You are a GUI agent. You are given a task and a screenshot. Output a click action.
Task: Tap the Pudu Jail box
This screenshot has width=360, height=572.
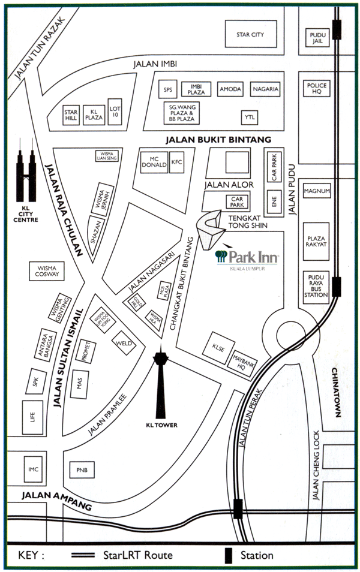[x=317, y=38]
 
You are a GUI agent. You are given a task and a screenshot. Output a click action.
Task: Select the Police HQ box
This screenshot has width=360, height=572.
[x=317, y=89]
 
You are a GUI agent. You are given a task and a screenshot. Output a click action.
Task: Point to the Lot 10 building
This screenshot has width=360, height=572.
[x=115, y=112]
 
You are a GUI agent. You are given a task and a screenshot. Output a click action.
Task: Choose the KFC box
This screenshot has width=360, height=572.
[x=176, y=162]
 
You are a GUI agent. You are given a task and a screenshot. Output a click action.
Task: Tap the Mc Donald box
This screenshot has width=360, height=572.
[x=153, y=162]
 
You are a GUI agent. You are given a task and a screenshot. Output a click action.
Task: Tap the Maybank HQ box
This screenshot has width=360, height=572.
[x=242, y=360]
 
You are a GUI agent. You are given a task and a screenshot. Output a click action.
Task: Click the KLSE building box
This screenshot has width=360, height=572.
[x=217, y=346]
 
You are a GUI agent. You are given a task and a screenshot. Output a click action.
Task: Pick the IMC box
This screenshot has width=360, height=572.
[x=34, y=469]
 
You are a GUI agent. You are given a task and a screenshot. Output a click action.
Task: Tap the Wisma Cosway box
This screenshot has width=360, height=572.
[x=48, y=270]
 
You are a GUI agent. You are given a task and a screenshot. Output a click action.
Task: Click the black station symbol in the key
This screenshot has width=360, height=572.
[x=229, y=555]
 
